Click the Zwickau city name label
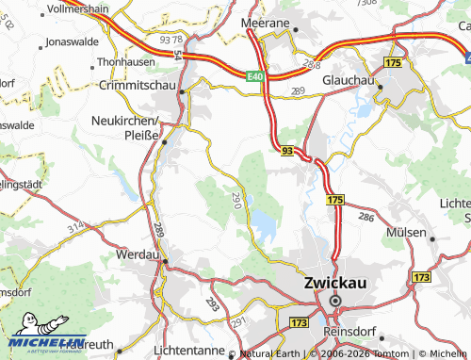tap(334, 282)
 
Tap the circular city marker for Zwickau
tap(334, 301)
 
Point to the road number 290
tap(235, 199)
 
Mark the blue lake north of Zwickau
tap(262, 223)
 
